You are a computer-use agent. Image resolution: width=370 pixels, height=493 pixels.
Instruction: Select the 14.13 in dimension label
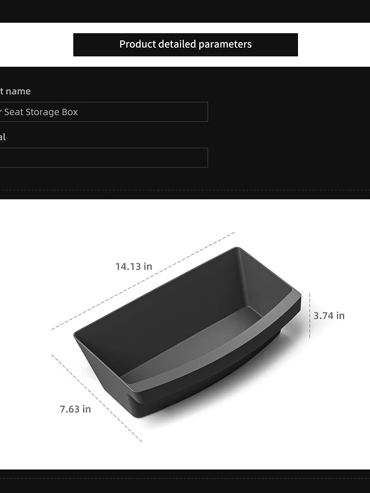click(134, 267)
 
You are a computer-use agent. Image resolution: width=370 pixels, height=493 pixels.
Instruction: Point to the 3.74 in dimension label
click(329, 316)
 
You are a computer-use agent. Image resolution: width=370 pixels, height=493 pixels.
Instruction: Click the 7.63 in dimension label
click(75, 409)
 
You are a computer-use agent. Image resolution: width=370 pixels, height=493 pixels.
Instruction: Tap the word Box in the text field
click(70, 112)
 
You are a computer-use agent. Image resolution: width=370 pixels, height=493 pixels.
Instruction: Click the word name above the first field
click(18, 91)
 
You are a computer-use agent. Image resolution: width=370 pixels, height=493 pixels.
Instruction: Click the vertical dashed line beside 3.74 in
click(310, 315)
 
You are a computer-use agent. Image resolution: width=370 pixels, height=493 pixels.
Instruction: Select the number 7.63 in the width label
click(70, 409)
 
